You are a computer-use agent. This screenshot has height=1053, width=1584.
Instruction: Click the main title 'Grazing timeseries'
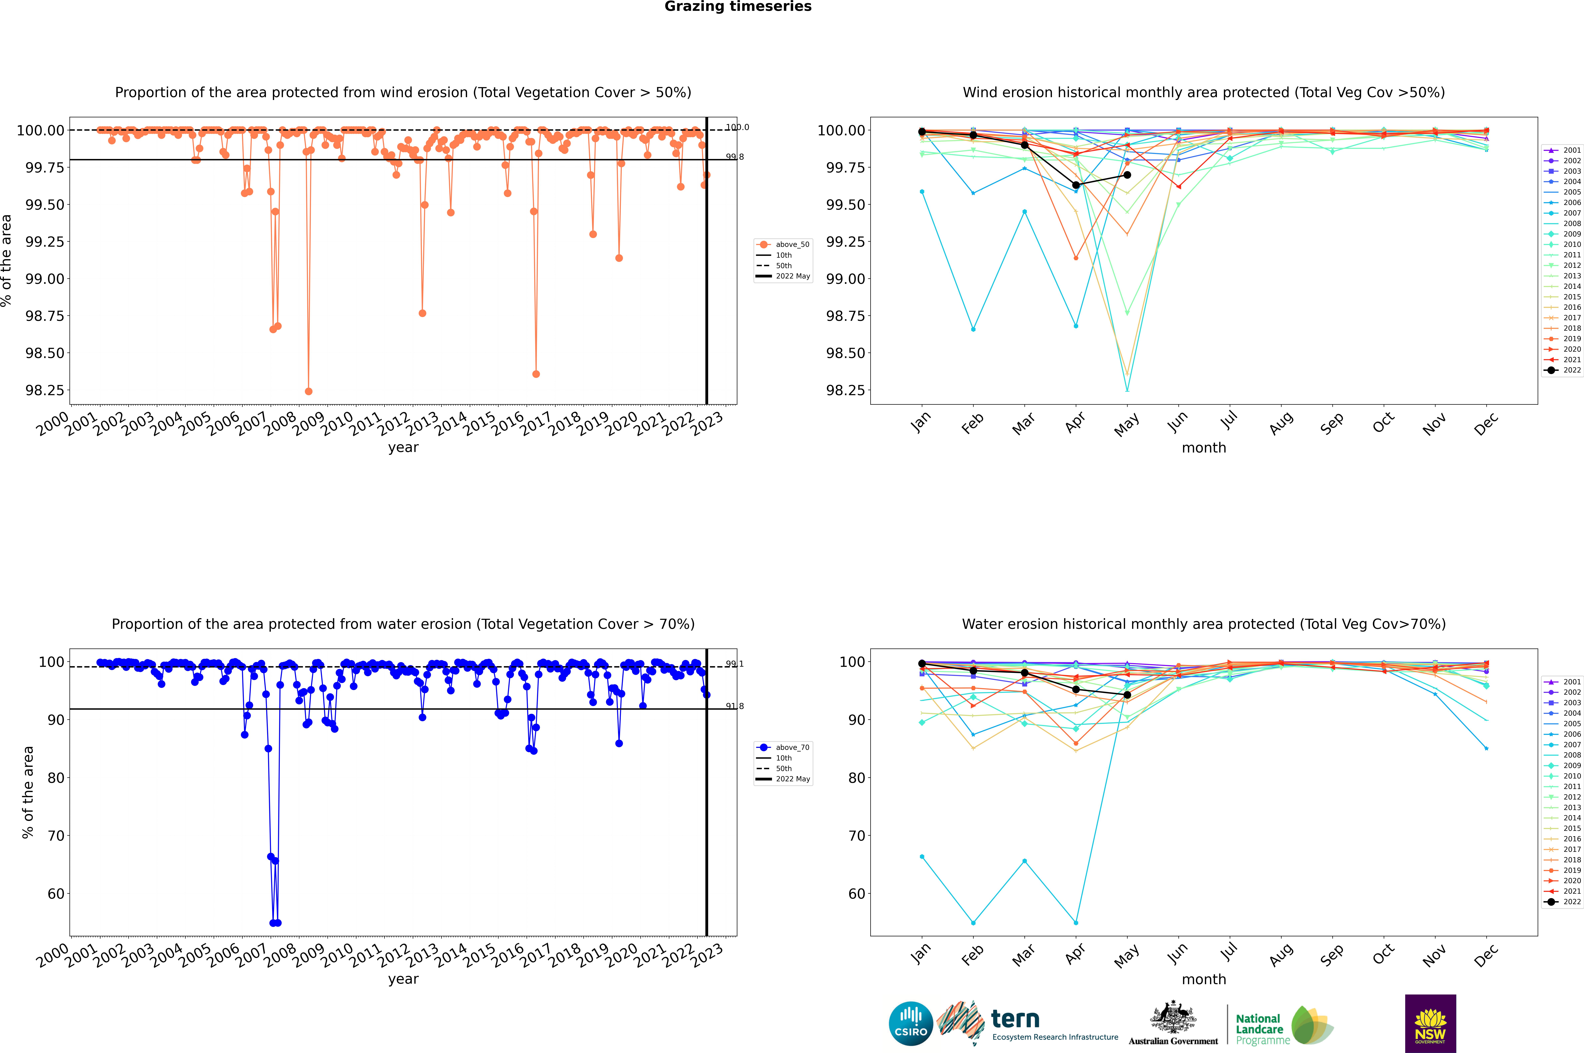coord(737,7)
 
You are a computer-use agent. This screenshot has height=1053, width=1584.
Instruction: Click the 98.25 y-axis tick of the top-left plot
coord(45,390)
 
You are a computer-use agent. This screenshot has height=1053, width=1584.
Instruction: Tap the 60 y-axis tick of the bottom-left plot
coord(55,894)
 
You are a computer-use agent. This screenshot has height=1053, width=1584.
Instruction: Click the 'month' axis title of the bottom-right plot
coord(1203,979)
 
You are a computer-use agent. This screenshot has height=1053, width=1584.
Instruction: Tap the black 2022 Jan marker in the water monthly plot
coord(922,663)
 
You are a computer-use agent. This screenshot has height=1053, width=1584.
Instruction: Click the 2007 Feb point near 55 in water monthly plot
coord(973,923)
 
